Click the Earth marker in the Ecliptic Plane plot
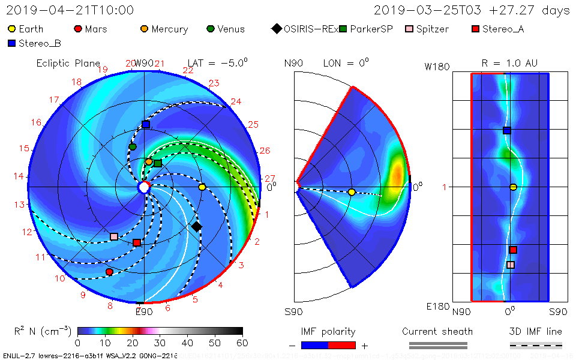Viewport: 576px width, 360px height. [202, 187]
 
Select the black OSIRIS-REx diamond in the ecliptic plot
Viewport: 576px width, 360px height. [196, 226]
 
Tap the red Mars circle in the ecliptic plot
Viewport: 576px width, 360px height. [109, 272]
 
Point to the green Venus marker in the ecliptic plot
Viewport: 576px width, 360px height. [133, 146]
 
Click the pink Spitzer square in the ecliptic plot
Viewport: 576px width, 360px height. [114, 236]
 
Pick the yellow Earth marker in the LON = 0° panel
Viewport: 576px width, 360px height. [352, 192]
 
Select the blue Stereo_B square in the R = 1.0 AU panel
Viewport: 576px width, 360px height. [506, 130]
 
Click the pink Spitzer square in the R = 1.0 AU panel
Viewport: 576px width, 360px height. [511, 265]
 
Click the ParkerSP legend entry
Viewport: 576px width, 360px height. [365, 29]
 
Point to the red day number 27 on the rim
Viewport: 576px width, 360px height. [269, 178]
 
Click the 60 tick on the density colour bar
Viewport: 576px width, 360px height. [242, 343]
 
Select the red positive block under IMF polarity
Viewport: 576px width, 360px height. [342, 345]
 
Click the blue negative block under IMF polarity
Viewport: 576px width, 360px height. [314, 345]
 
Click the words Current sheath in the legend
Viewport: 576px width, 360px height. [437, 331]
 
